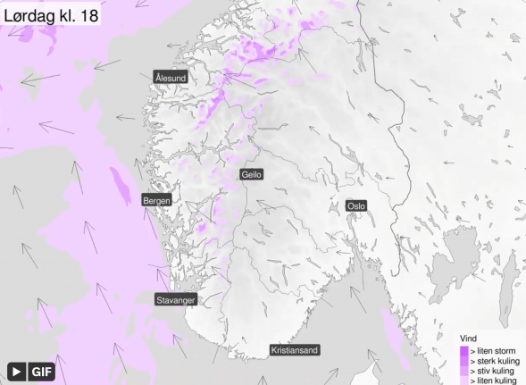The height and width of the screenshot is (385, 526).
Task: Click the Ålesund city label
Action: point(171,79)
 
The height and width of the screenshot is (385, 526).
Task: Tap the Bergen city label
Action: point(156,201)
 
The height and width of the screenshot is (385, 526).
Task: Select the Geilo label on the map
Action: point(252,175)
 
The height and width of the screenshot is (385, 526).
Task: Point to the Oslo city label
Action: point(356,205)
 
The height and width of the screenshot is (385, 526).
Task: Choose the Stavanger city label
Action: point(175,300)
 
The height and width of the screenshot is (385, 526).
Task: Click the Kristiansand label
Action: point(295,351)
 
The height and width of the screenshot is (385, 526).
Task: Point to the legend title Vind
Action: point(467,339)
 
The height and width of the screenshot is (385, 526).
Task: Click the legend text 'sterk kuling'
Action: point(494,362)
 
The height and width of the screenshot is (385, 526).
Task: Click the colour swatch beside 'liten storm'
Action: point(463,352)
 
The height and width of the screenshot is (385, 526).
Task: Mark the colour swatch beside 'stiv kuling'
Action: point(463,372)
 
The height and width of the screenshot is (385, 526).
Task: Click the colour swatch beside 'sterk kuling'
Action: point(463,362)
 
